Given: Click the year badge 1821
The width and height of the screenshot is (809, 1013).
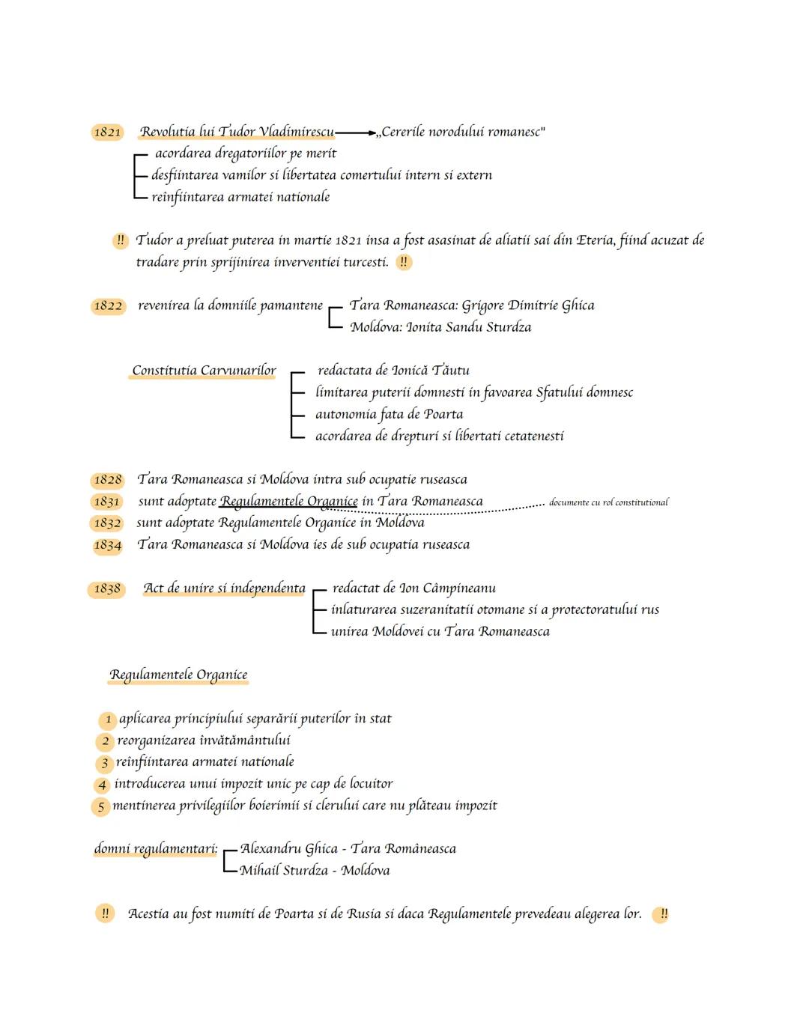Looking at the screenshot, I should [x=107, y=133].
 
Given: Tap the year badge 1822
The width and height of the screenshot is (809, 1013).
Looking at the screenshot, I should [x=108, y=306].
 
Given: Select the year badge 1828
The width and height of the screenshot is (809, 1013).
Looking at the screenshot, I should [x=108, y=480].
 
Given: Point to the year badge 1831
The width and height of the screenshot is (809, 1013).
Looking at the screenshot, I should [x=106, y=502].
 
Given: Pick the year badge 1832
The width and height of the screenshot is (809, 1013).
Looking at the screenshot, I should [x=106, y=523].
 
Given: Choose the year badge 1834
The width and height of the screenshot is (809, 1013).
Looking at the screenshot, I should [x=107, y=545].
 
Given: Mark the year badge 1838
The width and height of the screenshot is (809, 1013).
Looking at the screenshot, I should [x=106, y=589].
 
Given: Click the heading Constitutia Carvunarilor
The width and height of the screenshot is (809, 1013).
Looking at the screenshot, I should [x=204, y=371].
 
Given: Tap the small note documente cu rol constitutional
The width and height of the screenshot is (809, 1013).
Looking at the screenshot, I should [x=608, y=502].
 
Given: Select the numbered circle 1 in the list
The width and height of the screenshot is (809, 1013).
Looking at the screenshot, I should [x=108, y=720].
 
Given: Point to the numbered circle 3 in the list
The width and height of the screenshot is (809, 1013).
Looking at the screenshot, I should [x=105, y=764].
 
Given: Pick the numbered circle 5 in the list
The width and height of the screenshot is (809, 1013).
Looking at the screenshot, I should [x=100, y=807].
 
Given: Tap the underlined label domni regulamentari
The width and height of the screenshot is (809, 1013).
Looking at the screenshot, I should [x=156, y=849].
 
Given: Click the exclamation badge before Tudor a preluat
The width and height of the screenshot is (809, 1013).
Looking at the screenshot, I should [x=121, y=241].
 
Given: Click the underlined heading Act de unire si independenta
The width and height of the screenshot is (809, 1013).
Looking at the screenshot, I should [x=225, y=588].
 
